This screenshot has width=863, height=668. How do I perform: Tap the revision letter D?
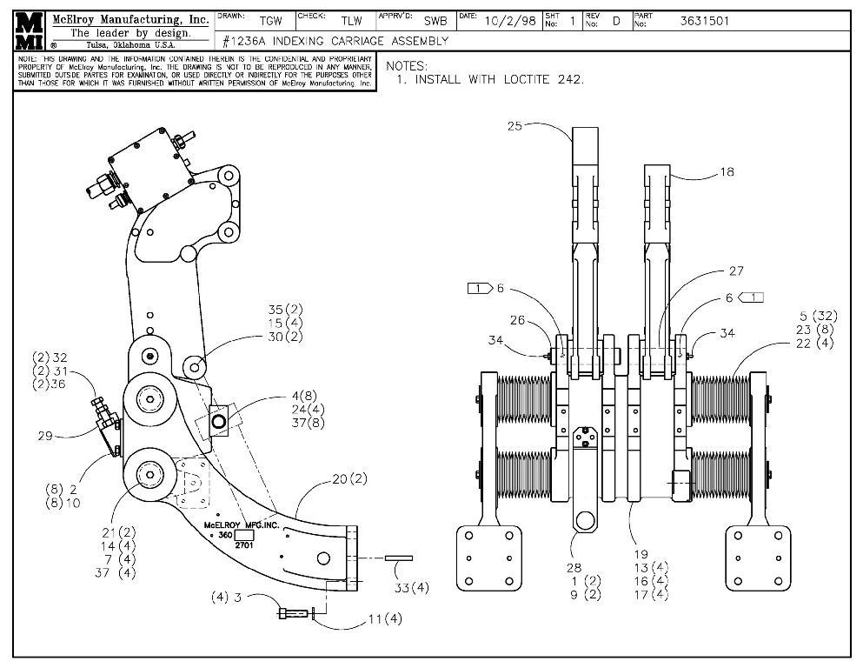[x=616, y=21]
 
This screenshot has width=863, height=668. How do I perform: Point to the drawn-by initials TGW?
[x=270, y=21]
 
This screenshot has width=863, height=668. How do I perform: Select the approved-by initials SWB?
[x=435, y=21]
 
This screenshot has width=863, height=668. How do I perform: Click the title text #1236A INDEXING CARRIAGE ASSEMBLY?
[x=335, y=41]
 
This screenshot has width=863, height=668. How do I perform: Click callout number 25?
[x=514, y=126]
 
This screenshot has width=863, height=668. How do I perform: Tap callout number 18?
[x=727, y=172]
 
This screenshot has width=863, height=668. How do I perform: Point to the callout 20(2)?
[x=350, y=480]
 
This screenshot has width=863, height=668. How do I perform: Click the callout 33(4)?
[x=410, y=588]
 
